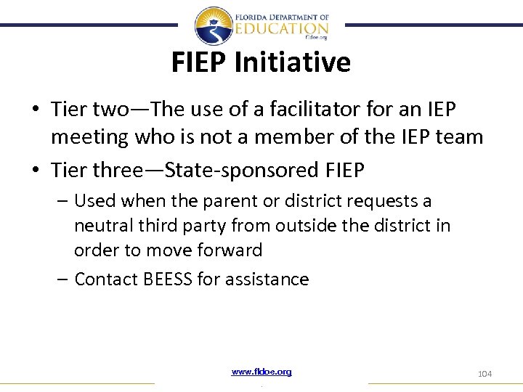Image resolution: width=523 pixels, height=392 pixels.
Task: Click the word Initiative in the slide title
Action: click(x=292, y=63)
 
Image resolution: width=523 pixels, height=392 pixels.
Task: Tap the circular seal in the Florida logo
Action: click(x=214, y=26)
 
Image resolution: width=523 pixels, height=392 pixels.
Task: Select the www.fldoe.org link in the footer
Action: click(x=261, y=372)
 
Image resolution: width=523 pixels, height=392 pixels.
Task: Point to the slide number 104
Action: click(x=485, y=373)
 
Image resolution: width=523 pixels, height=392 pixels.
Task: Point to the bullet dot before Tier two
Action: click(x=36, y=110)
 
